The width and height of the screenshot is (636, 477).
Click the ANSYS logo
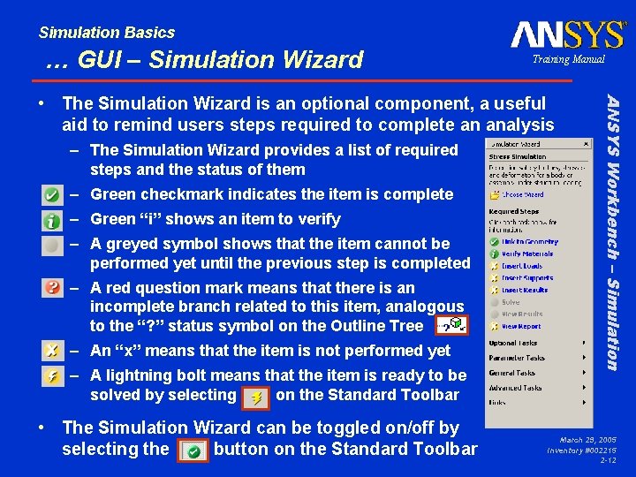pos(567,34)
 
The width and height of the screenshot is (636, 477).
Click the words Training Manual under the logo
pos(568,59)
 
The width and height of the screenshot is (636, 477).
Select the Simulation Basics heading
pos(107,33)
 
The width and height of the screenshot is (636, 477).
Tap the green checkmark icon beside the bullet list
pos(53,194)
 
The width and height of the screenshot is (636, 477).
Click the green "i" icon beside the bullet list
pos(53,219)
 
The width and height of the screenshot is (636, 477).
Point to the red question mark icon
pos(53,288)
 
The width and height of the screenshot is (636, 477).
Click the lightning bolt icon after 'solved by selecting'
pos(255,397)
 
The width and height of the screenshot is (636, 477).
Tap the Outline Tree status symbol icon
pos(450,325)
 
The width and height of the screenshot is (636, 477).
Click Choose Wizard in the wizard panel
pos(524,193)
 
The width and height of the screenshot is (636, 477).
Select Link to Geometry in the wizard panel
pos(529,241)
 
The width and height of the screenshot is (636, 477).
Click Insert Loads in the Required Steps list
pos(523,266)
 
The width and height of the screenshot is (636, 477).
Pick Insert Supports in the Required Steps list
pos(527,278)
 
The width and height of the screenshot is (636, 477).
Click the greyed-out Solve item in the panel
pos(511,302)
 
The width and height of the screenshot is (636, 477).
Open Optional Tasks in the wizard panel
pos(512,343)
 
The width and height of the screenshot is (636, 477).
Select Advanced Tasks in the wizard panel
pos(516,387)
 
